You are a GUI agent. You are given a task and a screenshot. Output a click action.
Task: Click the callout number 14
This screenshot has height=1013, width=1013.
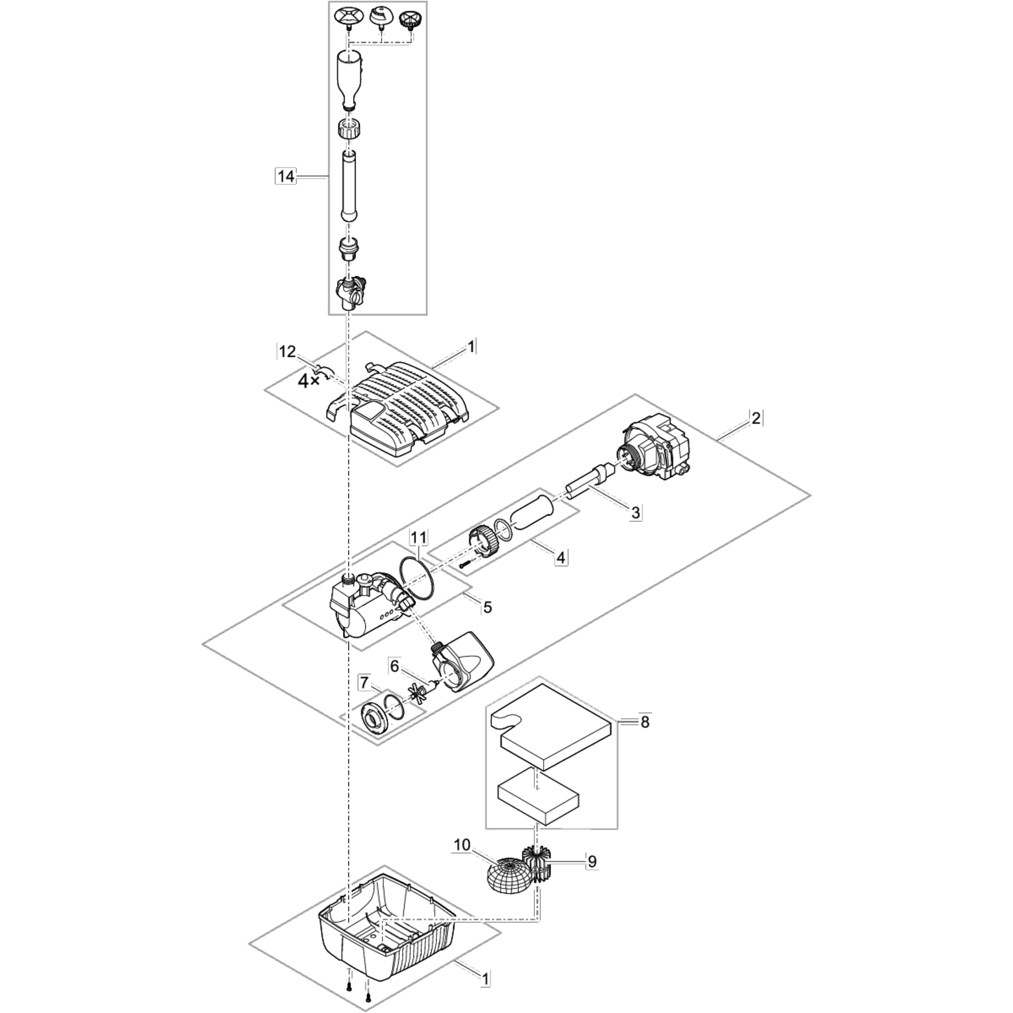(x=286, y=177)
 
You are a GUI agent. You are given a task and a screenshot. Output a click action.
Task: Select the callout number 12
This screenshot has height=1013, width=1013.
(x=287, y=352)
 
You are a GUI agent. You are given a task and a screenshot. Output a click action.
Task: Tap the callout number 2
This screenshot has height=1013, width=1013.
(x=756, y=419)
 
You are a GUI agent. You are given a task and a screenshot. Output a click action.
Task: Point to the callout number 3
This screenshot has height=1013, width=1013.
(x=635, y=512)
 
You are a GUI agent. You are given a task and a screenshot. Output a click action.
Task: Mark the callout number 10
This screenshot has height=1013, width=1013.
(x=462, y=845)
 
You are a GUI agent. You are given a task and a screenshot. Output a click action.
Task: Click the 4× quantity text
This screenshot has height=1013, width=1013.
(x=308, y=381)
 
